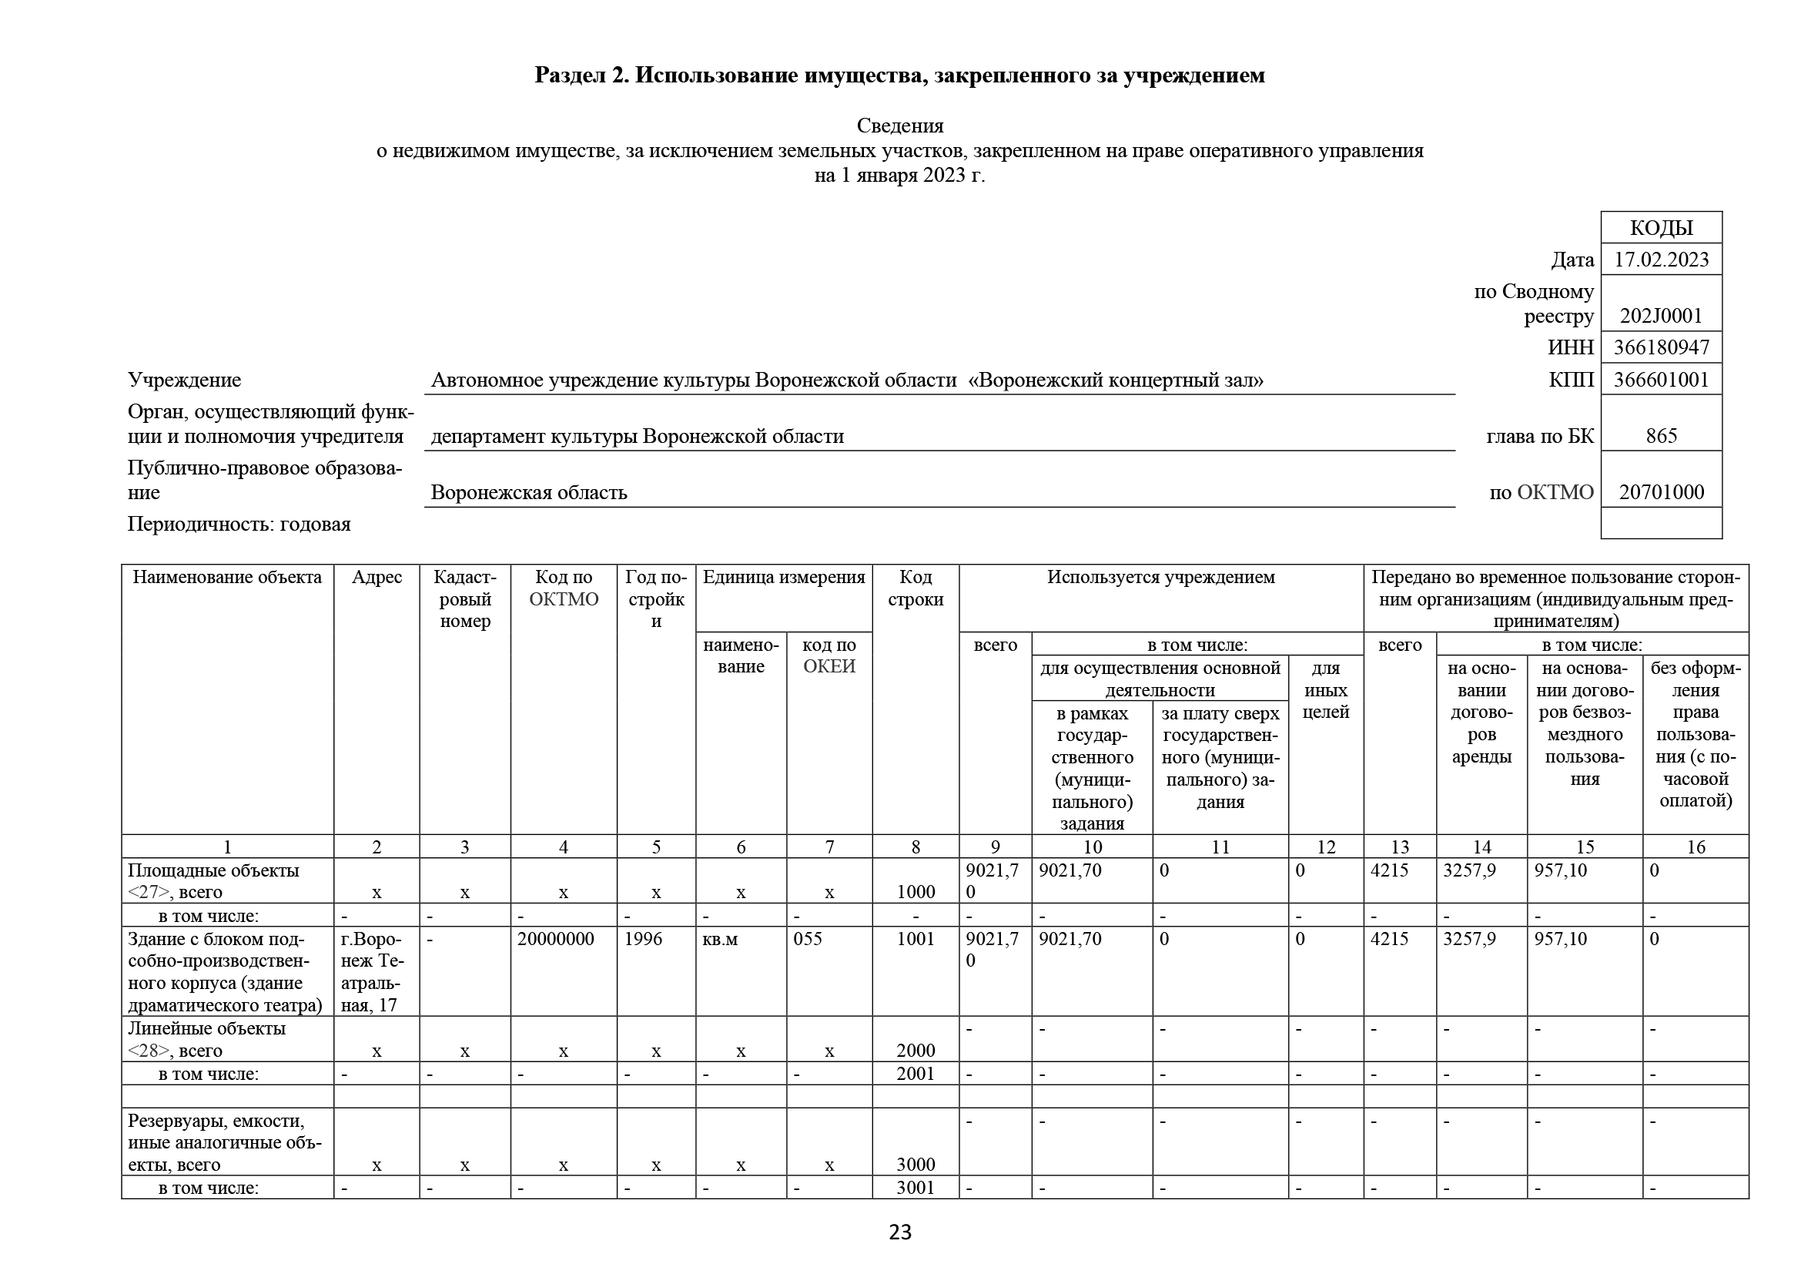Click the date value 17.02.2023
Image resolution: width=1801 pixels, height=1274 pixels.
pos(1661,260)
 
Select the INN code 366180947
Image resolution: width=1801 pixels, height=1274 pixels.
pos(1661,347)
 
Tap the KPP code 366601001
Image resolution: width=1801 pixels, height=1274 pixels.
pos(1661,380)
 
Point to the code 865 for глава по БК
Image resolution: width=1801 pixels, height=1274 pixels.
pos(1661,436)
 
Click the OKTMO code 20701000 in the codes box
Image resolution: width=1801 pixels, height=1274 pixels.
pos(1661,493)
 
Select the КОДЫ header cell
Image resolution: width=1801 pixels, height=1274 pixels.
pos(1661,227)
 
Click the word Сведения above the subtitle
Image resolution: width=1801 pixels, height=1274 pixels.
pos(899,126)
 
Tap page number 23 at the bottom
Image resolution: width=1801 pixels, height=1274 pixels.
pos(899,1232)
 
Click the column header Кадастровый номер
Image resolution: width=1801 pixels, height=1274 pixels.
pos(464,598)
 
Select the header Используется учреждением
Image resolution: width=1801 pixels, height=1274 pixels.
pos(1160,578)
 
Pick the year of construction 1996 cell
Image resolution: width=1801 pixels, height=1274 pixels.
pos(643,939)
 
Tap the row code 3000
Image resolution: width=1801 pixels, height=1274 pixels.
pos(916,1164)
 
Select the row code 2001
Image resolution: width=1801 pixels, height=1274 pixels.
pos(916,1073)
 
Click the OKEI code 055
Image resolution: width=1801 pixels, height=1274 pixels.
pos(807,939)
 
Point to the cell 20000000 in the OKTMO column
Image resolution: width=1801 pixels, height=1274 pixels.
pos(555,939)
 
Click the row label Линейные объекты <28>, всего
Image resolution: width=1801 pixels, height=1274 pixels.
pos(206,1038)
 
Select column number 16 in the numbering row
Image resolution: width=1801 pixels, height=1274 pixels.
pos(1695,847)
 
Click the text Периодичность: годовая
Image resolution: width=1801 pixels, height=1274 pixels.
pos(239,524)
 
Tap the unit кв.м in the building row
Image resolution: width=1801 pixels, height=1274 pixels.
pos(719,939)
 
